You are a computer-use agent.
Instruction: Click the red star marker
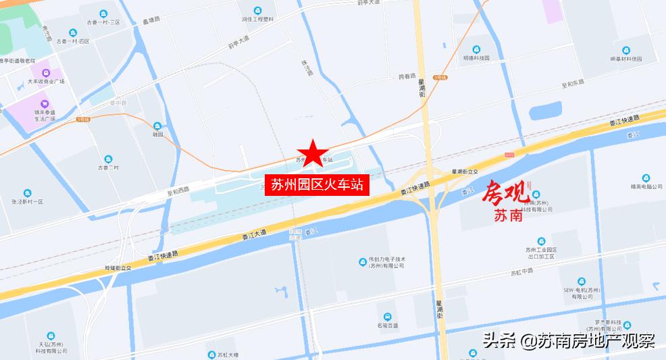tap(312, 153)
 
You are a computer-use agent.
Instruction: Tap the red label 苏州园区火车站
tap(317, 184)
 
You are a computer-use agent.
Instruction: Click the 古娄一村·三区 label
tap(103, 22)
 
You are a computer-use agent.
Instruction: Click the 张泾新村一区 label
tap(26, 202)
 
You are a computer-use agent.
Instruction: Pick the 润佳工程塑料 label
tap(258, 19)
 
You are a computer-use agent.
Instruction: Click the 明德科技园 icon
tap(476, 49)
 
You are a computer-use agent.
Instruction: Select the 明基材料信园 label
tap(625, 59)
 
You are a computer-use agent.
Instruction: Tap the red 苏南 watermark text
tap(508, 217)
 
